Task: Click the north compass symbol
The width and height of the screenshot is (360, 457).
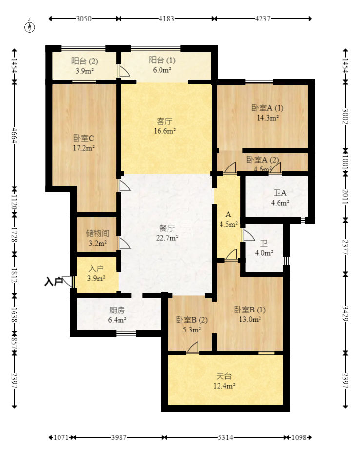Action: (30, 25)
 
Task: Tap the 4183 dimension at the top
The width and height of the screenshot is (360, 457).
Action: (166, 19)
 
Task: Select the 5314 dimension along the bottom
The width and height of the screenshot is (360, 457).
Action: (225, 437)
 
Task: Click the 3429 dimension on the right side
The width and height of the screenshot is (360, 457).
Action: (345, 313)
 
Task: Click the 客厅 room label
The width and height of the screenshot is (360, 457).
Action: (164, 121)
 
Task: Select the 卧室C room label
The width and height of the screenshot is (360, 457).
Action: (83, 138)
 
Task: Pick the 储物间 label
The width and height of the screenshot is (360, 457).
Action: (98, 233)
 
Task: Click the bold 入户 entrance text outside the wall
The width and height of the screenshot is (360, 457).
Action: (54, 282)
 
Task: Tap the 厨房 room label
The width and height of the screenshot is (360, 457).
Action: (117, 310)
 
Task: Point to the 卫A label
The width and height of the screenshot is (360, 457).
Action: (280, 193)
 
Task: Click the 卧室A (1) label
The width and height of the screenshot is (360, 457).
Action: (267, 108)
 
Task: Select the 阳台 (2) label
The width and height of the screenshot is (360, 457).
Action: (84, 61)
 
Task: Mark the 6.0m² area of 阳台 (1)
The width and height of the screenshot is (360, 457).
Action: (162, 70)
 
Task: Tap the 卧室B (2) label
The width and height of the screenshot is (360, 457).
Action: (192, 320)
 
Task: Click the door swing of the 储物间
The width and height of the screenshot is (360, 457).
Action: (124, 243)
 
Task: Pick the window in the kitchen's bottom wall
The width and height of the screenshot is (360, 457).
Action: (126, 333)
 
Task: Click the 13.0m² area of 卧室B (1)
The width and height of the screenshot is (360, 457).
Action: (250, 319)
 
